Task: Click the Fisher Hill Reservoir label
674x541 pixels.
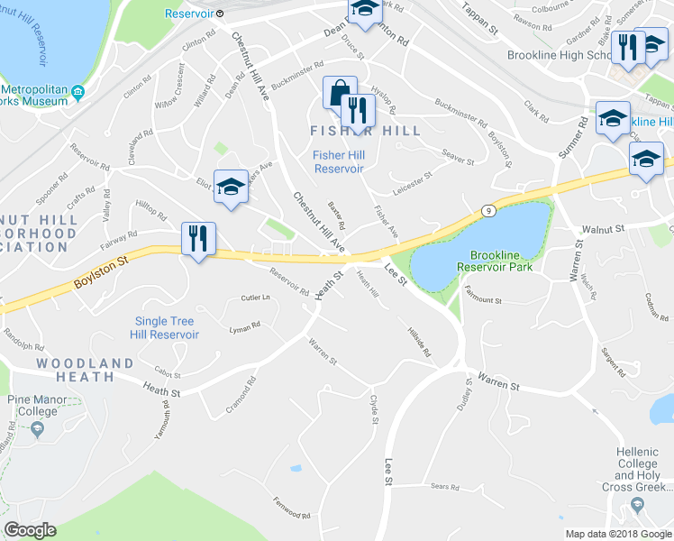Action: (x=338, y=161)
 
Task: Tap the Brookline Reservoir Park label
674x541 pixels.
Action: (x=494, y=260)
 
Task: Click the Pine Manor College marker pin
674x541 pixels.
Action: (x=37, y=430)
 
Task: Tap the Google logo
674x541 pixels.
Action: (x=30, y=530)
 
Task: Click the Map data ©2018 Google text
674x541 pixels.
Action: (x=617, y=534)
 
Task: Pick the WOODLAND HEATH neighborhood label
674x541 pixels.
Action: (x=85, y=363)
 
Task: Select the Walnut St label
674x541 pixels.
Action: (x=602, y=231)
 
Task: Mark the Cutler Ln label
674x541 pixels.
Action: (x=255, y=297)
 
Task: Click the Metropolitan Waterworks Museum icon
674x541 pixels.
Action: (x=77, y=92)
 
